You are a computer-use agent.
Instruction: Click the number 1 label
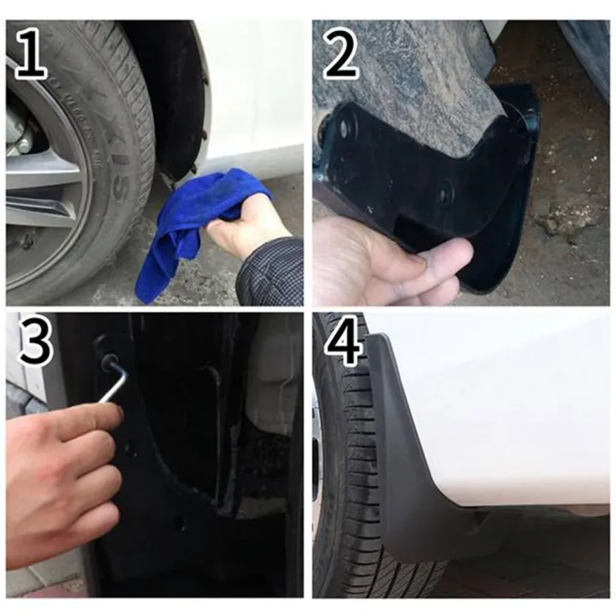29,53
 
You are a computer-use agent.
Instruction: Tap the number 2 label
340,53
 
